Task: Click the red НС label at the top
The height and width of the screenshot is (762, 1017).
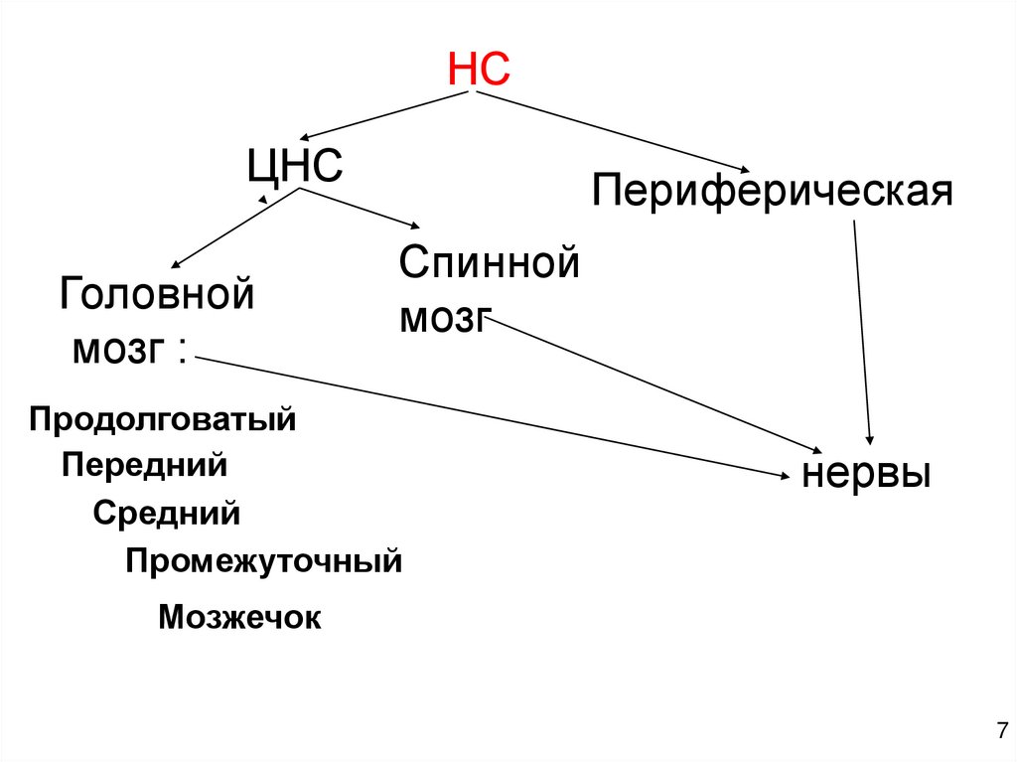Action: click(x=479, y=70)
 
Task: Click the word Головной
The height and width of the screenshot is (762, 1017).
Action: click(x=157, y=295)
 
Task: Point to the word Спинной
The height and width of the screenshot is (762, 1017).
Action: click(x=489, y=265)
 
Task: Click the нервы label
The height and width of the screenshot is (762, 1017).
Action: click(x=866, y=472)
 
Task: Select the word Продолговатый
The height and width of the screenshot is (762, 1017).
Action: click(x=163, y=418)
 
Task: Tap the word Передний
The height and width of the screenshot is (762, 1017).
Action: click(x=145, y=465)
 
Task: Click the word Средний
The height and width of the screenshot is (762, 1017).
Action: click(x=167, y=514)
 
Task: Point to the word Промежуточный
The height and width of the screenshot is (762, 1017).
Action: click(x=263, y=561)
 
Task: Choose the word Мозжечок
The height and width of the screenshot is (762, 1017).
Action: click(x=239, y=617)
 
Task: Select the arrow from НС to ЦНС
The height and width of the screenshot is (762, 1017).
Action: click(x=387, y=115)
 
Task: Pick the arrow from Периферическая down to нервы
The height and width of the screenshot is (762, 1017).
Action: click(x=862, y=333)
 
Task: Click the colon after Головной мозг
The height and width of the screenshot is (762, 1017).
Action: click(x=182, y=351)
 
